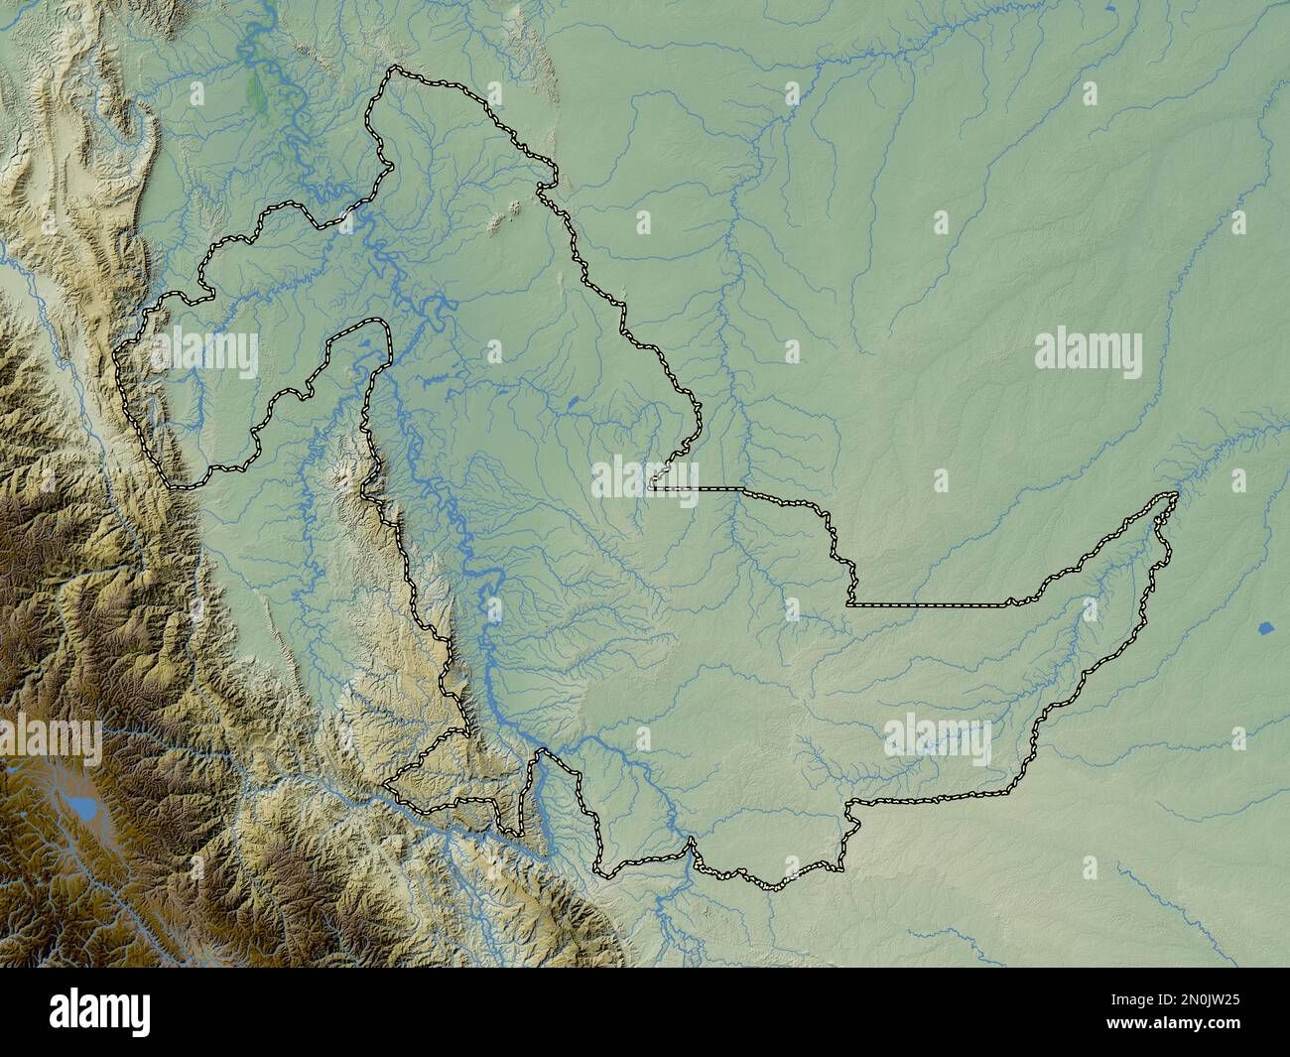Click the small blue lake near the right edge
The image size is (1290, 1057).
(x=1265, y=629)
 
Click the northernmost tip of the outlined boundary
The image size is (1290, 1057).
(x=397, y=68)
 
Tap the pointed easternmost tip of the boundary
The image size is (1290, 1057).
(x=1176, y=494)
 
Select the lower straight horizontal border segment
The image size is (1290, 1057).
(x=928, y=603)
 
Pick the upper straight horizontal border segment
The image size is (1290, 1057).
(x=709, y=489)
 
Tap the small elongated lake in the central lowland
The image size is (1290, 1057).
(x=574, y=403)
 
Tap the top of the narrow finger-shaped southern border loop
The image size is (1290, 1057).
(x=540, y=753)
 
